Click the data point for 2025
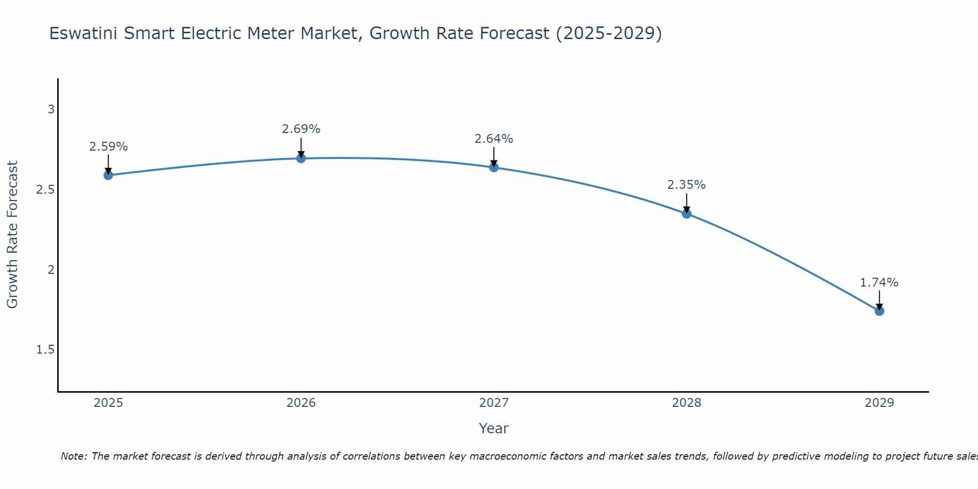coord(108,175)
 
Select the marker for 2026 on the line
coord(301,158)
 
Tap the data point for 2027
coord(493,167)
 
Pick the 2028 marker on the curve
coord(686,213)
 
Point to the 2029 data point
coord(879,311)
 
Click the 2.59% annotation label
coord(108,147)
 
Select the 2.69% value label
coord(301,129)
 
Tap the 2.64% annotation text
coord(493,139)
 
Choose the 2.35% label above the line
coord(686,185)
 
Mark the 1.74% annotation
coord(879,283)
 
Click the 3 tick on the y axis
coord(51,110)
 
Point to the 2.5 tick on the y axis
coord(45,190)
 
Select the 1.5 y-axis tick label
coord(45,350)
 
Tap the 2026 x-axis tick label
coord(301,403)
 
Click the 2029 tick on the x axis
coord(879,403)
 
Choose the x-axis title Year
coord(493,428)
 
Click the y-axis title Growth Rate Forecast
coord(12,235)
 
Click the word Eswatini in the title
coord(84,33)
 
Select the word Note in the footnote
coord(73,456)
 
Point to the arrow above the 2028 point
coord(686,203)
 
